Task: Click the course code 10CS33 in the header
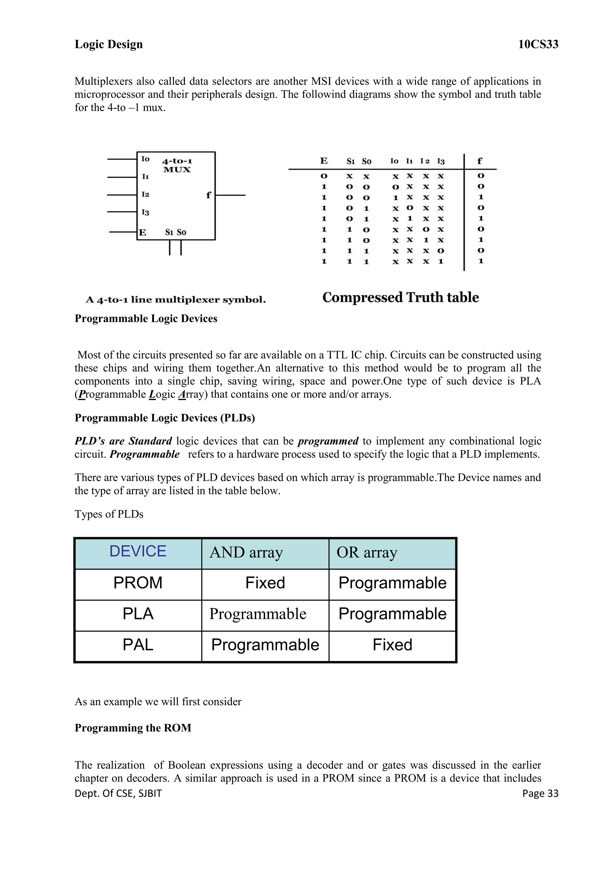click(538, 45)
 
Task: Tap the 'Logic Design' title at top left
click(109, 45)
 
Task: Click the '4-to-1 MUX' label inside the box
click(177, 165)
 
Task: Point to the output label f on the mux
click(208, 195)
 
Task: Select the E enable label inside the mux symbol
click(143, 232)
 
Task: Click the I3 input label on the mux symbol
click(145, 212)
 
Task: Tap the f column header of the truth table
click(480, 161)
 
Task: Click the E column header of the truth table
click(324, 161)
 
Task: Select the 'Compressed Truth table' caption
click(401, 297)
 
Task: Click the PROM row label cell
click(138, 583)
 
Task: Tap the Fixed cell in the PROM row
click(265, 583)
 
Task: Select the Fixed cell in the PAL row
click(392, 645)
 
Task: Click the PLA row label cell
click(138, 614)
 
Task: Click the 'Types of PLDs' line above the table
click(109, 514)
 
